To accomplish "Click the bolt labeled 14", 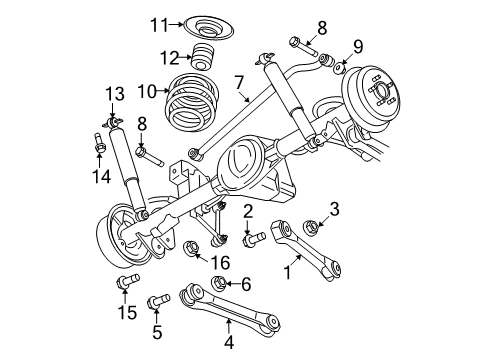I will (x=101, y=147).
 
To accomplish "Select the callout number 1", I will (x=291, y=270).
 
